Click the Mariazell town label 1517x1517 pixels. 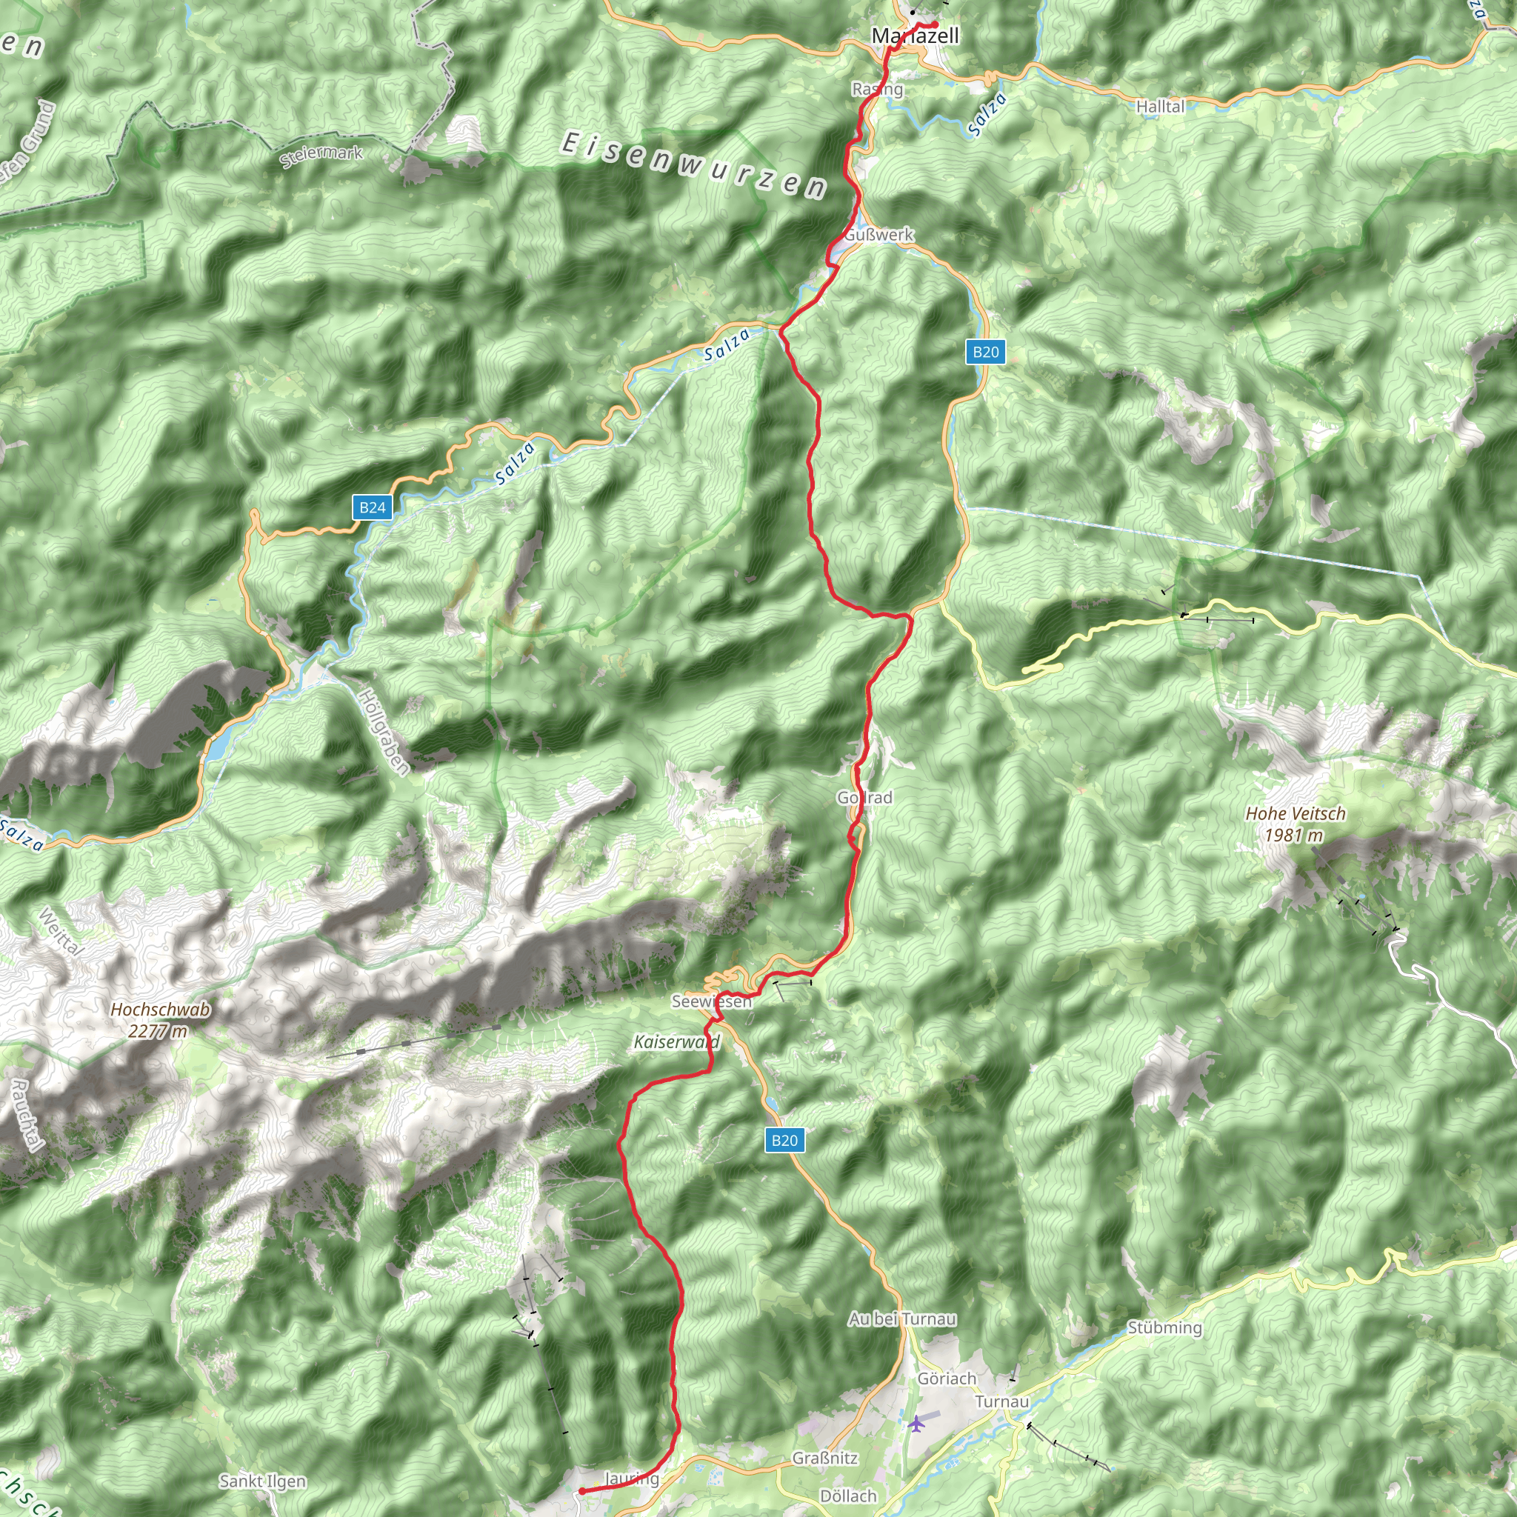915,36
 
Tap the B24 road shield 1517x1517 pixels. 372,507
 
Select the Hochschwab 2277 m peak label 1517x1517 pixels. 160,1020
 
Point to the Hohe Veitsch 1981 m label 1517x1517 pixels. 1296,824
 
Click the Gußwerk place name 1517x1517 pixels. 879,235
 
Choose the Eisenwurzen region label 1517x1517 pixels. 693,165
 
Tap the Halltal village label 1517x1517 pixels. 1160,106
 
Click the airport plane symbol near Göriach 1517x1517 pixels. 916,1423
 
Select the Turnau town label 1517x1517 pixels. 1001,1401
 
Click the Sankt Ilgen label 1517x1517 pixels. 262,1481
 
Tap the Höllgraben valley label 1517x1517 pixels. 383,732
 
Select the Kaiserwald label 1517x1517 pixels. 676,1042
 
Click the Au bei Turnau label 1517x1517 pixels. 902,1318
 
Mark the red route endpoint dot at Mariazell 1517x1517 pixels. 934,25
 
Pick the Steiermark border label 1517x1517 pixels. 322,156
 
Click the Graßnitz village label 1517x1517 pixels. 824,1458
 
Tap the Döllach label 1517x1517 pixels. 848,1496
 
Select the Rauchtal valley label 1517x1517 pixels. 26,1115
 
